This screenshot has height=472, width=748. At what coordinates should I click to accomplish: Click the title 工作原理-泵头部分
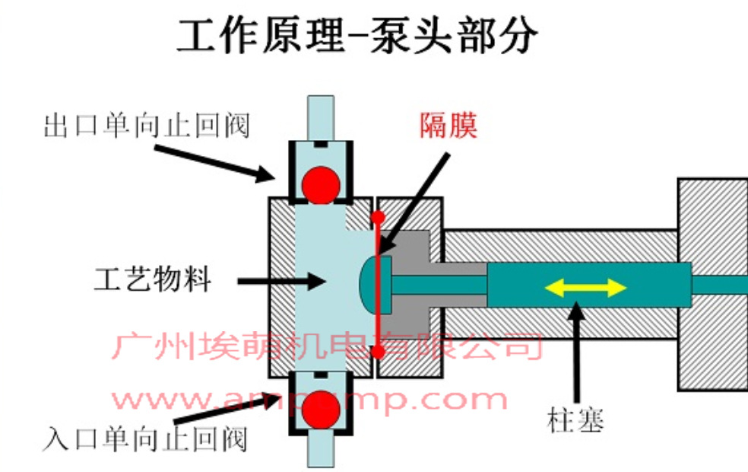click(x=357, y=36)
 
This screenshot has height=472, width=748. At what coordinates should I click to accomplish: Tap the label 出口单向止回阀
click(x=146, y=126)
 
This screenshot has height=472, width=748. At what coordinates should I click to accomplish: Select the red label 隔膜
click(x=448, y=126)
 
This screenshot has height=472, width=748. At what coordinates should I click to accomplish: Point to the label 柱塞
click(x=575, y=419)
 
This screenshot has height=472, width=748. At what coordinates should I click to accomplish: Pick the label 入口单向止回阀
click(x=146, y=439)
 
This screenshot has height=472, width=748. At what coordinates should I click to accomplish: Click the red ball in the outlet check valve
click(x=320, y=183)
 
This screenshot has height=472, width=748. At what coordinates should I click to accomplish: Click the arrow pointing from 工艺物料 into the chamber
click(x=281, y=282)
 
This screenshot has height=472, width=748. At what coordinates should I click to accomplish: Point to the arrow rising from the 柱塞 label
click(x=578, y=350)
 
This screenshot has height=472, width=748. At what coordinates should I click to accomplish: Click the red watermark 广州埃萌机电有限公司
click(x=327, y=346)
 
